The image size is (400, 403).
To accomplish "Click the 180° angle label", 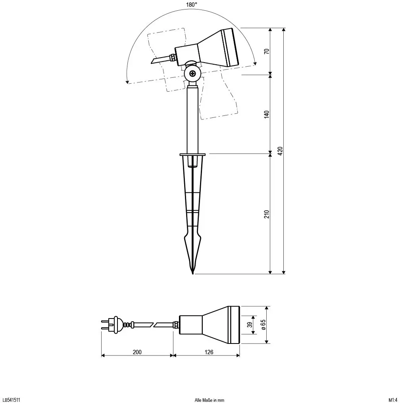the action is [192, 4].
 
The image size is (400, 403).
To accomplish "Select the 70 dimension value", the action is [267, 51].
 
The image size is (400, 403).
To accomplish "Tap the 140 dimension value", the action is [267, 114].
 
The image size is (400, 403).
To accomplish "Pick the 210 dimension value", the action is [267, 214].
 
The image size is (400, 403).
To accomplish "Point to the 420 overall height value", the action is [280, 151].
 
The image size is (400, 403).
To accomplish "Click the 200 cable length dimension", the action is [137, 352].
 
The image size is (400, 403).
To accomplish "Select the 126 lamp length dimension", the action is [209, 352].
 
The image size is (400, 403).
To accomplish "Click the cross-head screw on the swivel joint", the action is [192, 74].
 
